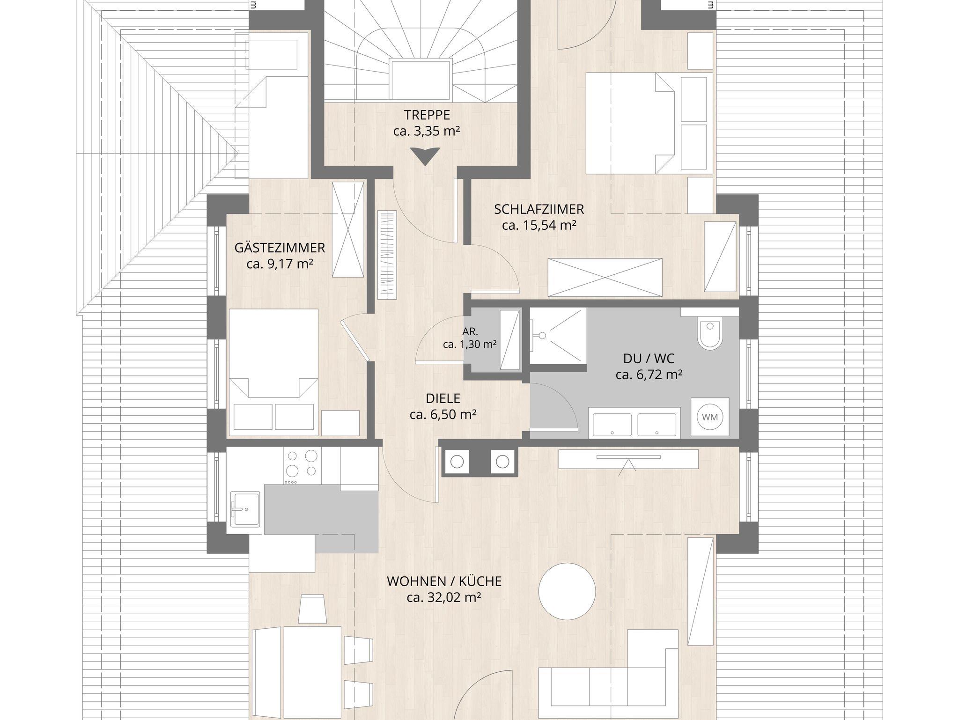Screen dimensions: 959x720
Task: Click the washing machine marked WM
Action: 710,417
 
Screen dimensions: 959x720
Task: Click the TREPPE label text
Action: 427,115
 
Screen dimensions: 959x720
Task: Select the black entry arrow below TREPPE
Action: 426,156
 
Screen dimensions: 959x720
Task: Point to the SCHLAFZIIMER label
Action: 539,209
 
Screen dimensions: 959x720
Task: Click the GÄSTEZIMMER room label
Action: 280,247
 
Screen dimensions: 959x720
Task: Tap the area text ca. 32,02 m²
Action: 444,597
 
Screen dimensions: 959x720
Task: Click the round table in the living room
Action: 567,591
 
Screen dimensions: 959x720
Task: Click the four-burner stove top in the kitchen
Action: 302,466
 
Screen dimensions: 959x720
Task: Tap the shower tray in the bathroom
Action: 558,335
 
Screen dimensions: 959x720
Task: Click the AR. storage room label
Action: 470,331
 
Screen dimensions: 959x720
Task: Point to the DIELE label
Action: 443,398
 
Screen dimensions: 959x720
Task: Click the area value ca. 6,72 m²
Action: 649,375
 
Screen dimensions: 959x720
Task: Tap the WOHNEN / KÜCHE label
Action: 444,581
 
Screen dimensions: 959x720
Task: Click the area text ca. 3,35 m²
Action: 427,131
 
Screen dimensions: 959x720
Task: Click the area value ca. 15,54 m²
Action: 539,225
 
